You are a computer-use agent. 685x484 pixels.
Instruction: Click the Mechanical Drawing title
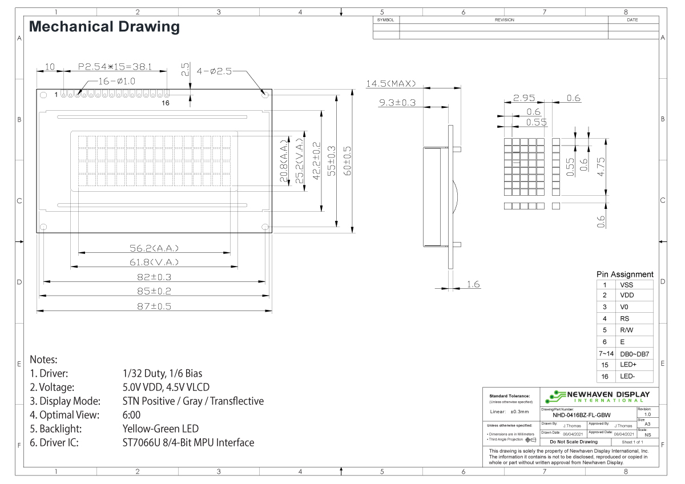coord(104,26)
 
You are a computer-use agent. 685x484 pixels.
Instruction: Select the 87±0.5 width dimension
coord(152,306)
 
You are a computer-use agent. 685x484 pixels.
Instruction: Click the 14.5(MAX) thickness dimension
coord(392,84)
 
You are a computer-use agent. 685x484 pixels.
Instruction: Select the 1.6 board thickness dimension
coord(472,284)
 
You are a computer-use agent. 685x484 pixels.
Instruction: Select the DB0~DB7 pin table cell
coord(634,354)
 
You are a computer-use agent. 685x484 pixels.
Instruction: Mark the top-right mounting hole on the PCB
coord(265,94)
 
